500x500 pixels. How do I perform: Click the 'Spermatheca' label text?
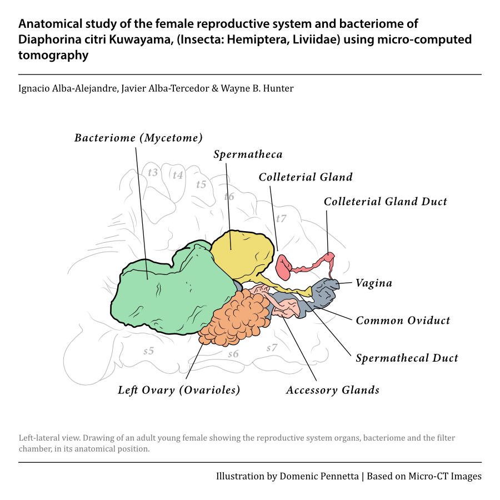coord(248,154)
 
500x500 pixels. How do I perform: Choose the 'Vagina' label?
coord(374,283)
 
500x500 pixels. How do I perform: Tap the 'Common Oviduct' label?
coord(403,320)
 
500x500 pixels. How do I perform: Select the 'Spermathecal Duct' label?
coord(407,358)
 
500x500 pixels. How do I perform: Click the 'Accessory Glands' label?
coord(333,390)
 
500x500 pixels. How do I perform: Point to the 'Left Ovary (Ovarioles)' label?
coord(179,390)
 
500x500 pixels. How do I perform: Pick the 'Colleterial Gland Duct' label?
coord(385,201)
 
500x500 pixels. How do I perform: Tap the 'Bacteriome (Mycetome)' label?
coord(138,138)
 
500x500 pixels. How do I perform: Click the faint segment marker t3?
coord(153,172)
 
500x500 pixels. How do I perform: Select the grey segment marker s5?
coord(148,351)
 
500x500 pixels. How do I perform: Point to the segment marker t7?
coord(281,218)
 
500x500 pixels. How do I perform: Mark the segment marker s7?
coord(272,348)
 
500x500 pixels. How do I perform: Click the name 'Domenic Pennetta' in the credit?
coord(319,476)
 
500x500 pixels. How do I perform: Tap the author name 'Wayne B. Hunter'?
coord(257,88)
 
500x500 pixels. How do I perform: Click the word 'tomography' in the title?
coord(53,55)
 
